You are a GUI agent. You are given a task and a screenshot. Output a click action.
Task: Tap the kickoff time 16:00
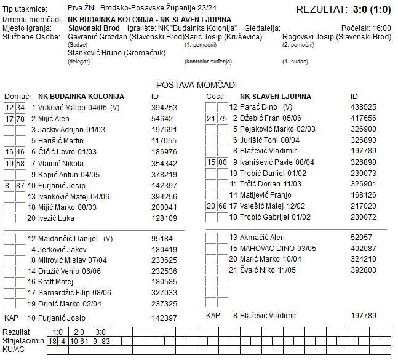[382, 28]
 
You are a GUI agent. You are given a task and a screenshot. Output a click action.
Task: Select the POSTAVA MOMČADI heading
[196, 85]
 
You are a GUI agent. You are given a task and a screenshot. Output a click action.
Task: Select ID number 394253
[164, 108]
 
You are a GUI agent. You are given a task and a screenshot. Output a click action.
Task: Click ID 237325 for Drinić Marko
[164, 303]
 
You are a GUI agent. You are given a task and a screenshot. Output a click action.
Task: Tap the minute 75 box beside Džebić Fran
[222, 118]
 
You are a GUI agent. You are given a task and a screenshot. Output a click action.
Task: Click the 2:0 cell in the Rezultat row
[78, 332]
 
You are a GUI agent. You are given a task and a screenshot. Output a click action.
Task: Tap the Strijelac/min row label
[23, 340]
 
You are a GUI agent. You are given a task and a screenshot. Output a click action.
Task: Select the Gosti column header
[215, 97]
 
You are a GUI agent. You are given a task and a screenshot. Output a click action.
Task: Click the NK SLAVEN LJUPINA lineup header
[275, 97]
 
